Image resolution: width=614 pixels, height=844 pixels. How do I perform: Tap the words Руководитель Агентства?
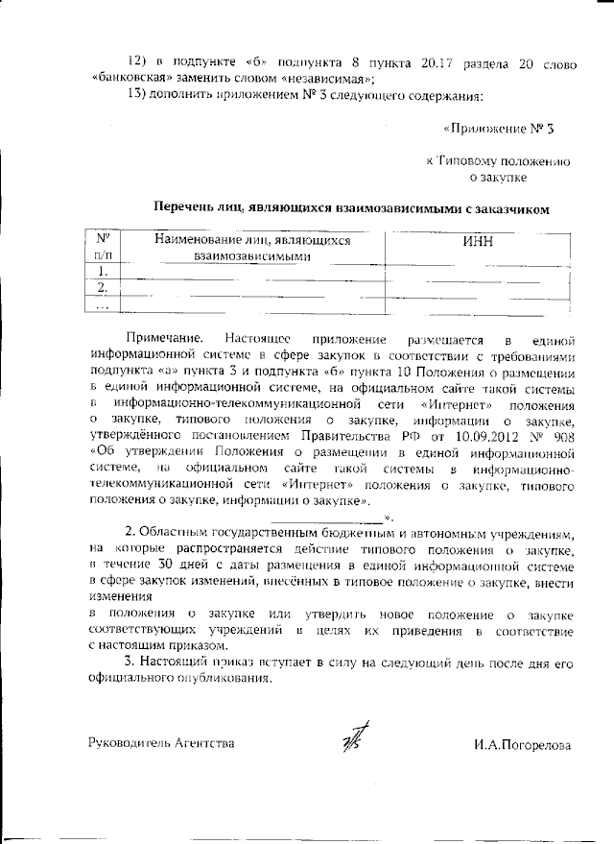160,744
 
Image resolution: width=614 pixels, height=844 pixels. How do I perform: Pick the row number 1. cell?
103,272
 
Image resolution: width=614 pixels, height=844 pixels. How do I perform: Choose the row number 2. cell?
103,288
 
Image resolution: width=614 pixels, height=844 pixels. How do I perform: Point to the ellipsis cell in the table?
103,304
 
